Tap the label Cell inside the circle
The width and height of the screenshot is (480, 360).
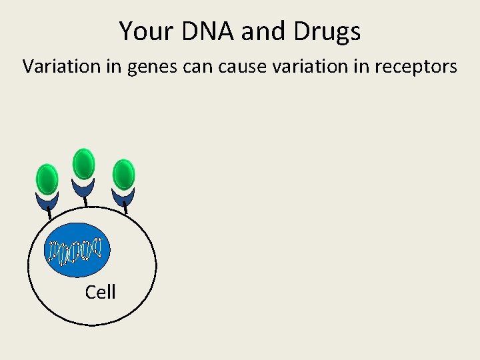(100, 292)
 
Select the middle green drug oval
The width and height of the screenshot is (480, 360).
(83, 164)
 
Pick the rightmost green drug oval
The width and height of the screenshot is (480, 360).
(123, 174)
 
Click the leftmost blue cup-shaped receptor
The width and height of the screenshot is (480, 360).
(47, 199)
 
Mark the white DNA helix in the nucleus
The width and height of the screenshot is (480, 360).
(75, 249)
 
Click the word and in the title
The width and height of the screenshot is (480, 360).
(261, 31)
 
